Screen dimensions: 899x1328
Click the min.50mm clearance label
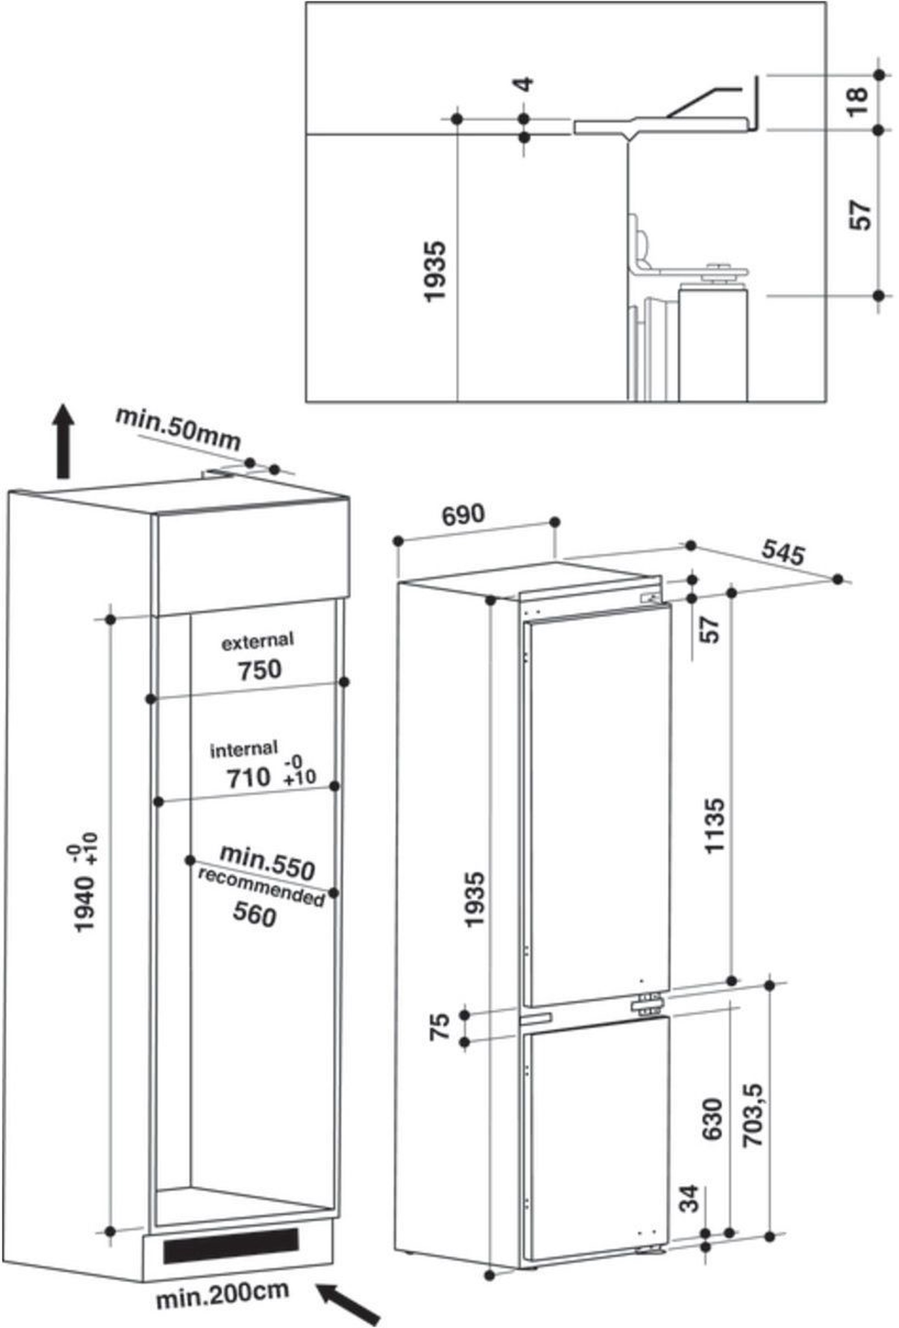[178, 429]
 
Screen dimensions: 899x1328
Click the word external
[257, 641]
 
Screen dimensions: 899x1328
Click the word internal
[244, 749]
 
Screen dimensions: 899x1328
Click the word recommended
[261, 890]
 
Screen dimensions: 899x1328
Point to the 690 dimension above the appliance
[463, 515]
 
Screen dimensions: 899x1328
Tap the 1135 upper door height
[714, 826]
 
